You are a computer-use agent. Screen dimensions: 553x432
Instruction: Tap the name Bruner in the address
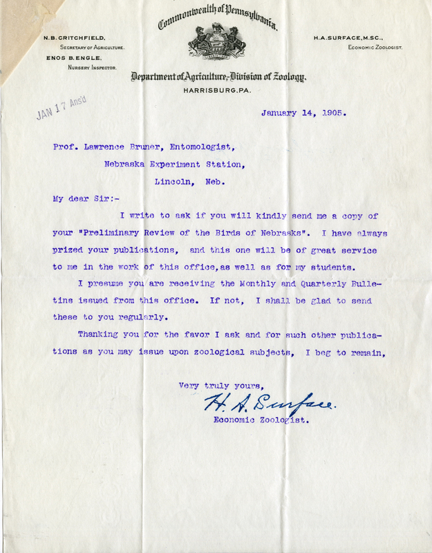click(171, 147)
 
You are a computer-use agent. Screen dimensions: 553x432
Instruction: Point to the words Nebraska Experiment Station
click(173, 165)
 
